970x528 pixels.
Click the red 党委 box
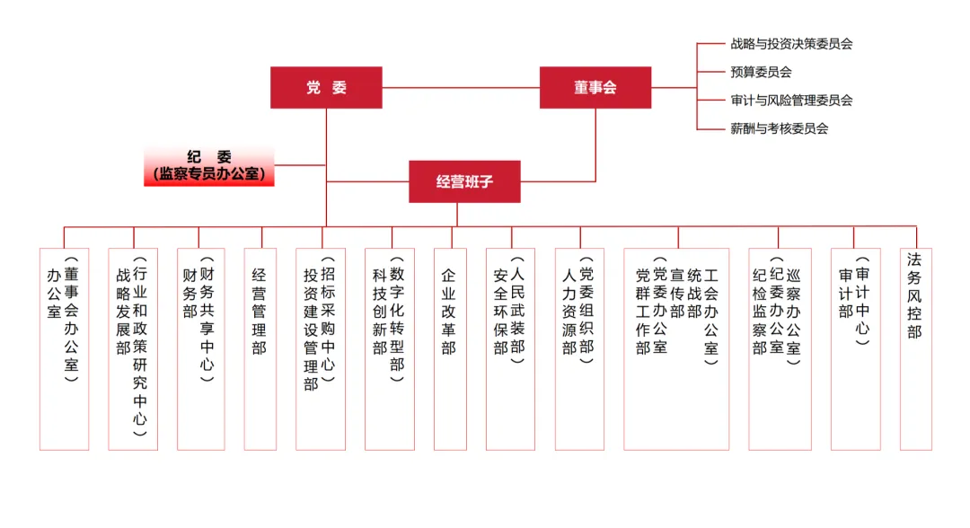[x=326, y=88]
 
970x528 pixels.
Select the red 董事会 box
[x=595, y=88]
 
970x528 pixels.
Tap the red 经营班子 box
[x=464, y=181]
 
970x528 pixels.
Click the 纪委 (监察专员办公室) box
[x=209, y=166]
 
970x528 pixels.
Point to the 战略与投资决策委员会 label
[x=790, y=43]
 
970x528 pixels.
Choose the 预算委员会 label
[x=761, y=72]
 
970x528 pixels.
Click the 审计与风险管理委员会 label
[x=790, y=101]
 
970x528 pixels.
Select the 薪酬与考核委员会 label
[x=779, y=128]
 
